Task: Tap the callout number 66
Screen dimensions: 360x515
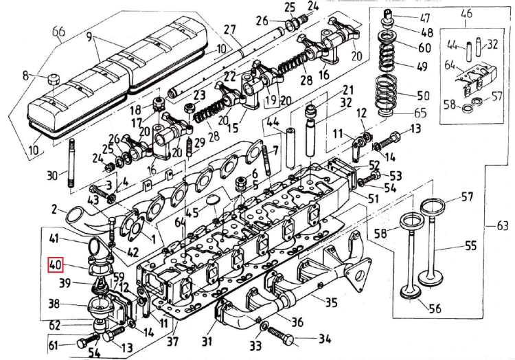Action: point(59,32)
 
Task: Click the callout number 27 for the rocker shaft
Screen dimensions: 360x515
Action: point(229,30)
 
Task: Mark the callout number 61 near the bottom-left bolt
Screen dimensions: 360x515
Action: point(52,344)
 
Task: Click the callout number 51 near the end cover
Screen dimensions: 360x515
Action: point(374,199)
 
